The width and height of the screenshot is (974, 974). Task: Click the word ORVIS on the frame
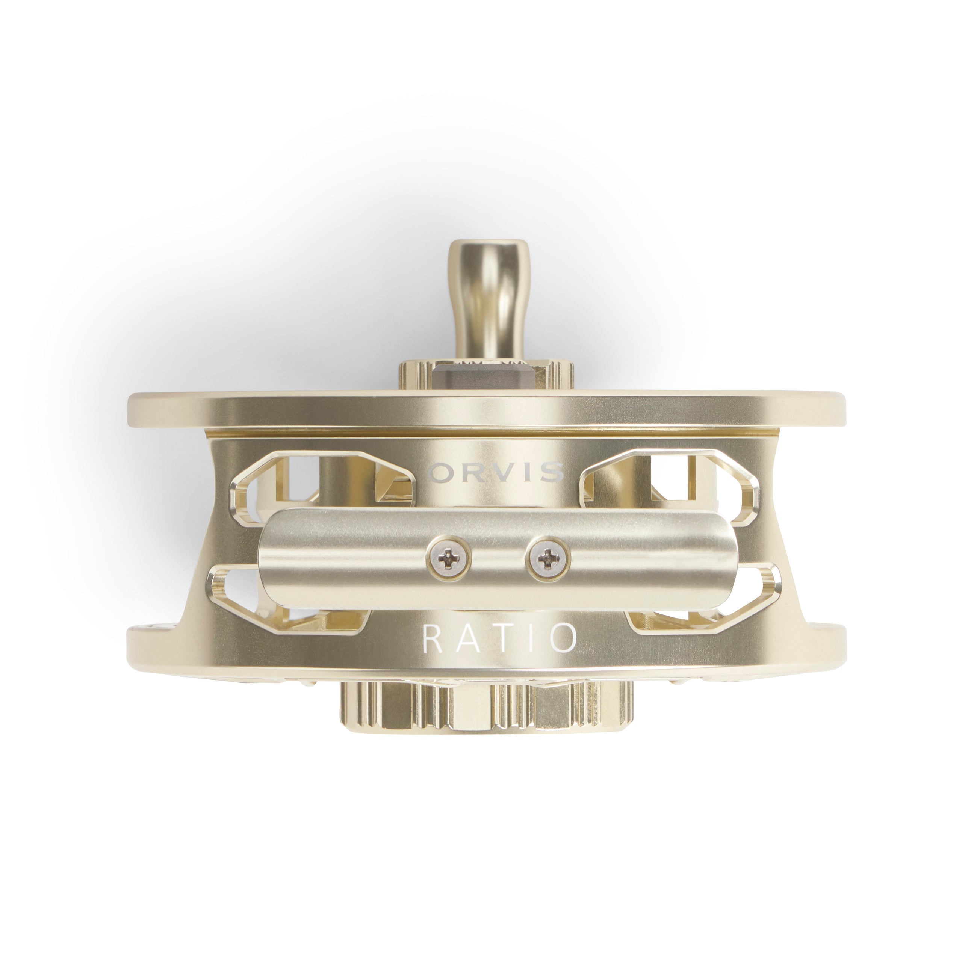tap(494, 472)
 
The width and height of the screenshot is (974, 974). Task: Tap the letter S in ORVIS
tap(553, 472)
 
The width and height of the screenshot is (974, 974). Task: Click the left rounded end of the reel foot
tap(267, 558)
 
